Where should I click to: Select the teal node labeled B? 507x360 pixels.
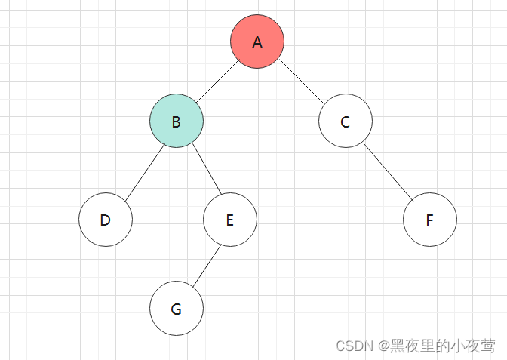coord(177,121)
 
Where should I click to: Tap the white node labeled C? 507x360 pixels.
coord(345,121)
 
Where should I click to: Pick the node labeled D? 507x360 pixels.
coord(106,220)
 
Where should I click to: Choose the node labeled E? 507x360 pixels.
coord(230,220)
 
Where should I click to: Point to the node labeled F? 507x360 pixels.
coord(429,220)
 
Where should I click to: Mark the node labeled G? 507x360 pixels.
coord(177,308)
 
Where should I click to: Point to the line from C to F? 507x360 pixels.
coord(388,171)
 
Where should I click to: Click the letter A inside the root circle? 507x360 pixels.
coord(257,42)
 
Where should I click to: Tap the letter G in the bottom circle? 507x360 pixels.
coord(177,309)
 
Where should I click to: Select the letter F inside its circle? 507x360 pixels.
coord(429,220)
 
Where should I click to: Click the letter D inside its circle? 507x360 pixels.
coord(106,220)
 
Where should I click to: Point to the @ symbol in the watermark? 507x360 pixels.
coord(383,346)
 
